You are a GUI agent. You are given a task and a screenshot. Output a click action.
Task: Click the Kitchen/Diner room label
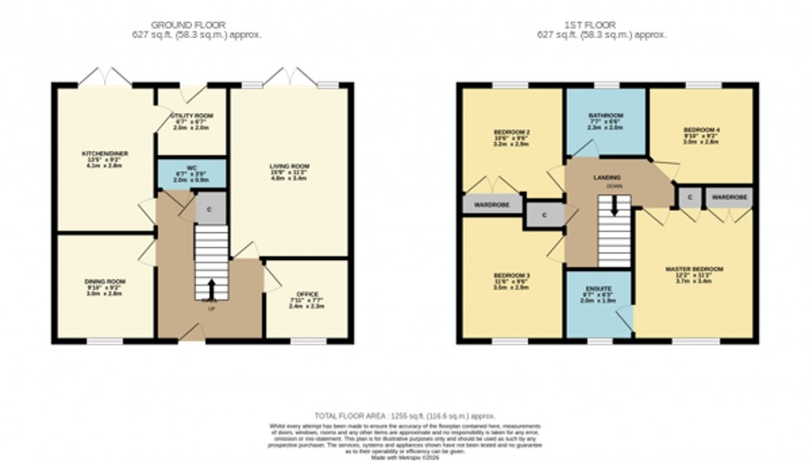[x=104, y=154]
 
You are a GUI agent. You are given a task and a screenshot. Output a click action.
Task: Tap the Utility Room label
[x=192, y=116]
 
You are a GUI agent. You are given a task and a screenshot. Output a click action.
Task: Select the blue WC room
[x=192, y=173]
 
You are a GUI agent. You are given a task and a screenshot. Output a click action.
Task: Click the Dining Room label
[x=104, y=282]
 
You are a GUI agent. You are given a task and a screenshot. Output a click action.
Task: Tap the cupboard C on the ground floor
[x=209, y=209]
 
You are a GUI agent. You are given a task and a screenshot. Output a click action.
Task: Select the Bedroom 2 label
[x=512, y=132]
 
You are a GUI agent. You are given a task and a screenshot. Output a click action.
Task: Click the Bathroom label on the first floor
[x=605, y=116]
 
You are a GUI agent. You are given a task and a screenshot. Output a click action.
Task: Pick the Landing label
[x=607, y=178]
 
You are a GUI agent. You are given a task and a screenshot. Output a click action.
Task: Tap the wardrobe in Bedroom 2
[x=491, y=204]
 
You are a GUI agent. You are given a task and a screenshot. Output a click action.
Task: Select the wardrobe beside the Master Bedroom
[x=729, y=197]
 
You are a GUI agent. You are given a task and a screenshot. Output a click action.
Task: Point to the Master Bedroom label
[x=694, y=269]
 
